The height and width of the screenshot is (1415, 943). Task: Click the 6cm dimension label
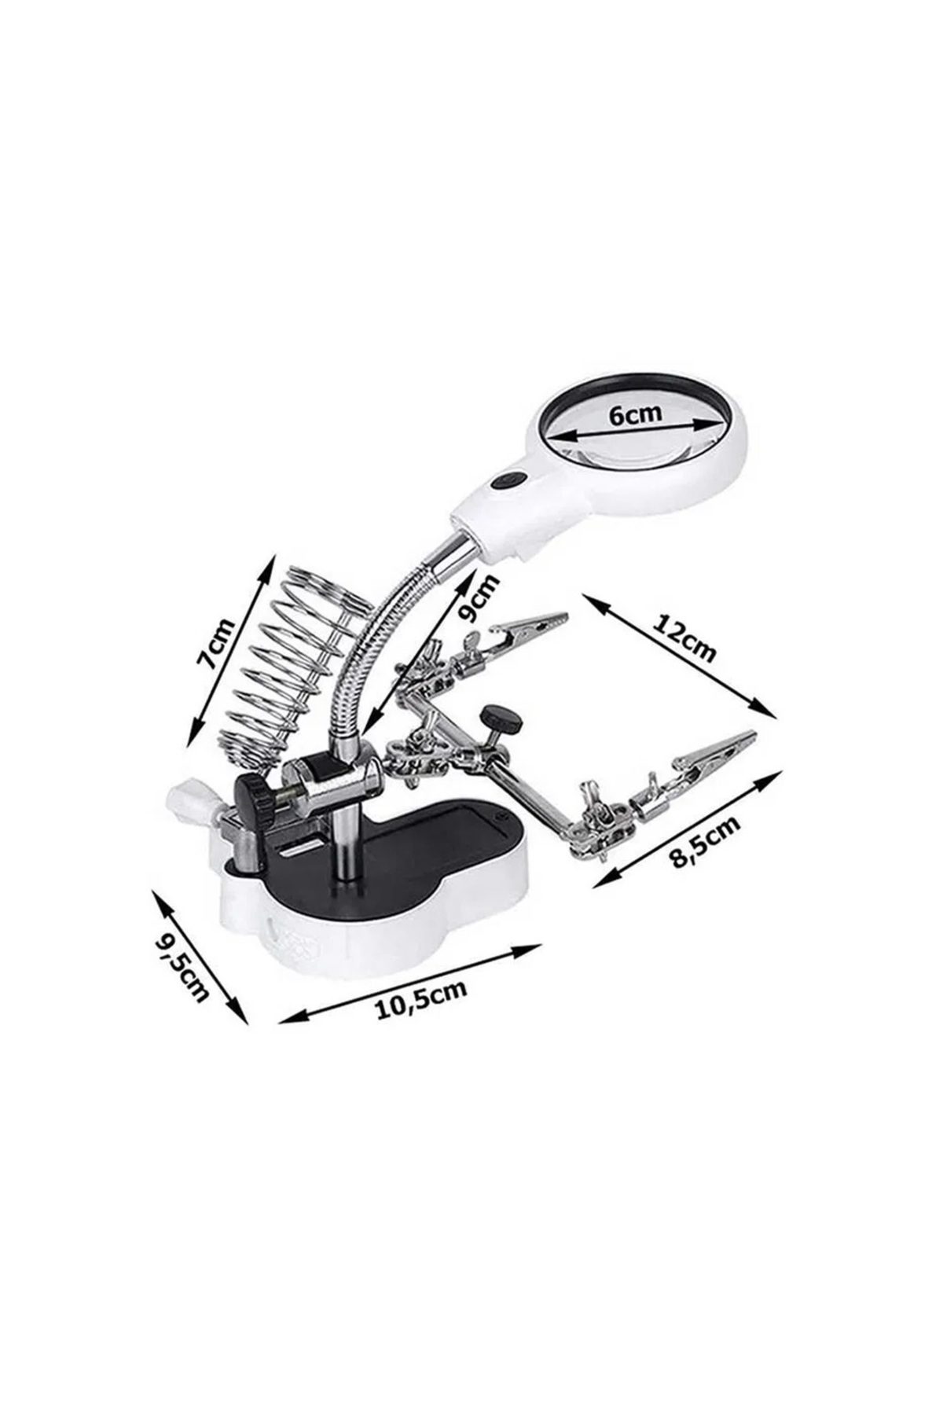[636, 413]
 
